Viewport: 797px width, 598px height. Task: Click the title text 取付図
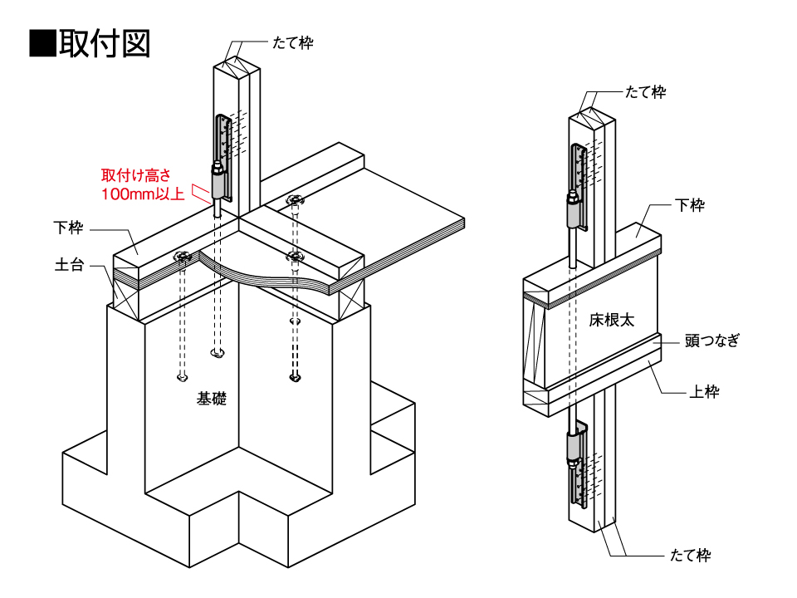[x=104, y=43]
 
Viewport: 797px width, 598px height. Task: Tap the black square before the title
[x=42, y=43]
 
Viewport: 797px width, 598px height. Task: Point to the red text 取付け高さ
[x=135, y=175]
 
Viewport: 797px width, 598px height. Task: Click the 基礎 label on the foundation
[x=212, y=399]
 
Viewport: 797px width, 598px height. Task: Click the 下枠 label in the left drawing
[x=69, y=227]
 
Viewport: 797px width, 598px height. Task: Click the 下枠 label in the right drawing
[x=690, y=205]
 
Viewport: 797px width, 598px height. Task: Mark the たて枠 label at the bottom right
[x=690, y=556]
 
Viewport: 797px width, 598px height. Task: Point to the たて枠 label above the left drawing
[x=293, y=42]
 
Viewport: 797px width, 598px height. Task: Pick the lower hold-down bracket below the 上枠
[x=578, y=465]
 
